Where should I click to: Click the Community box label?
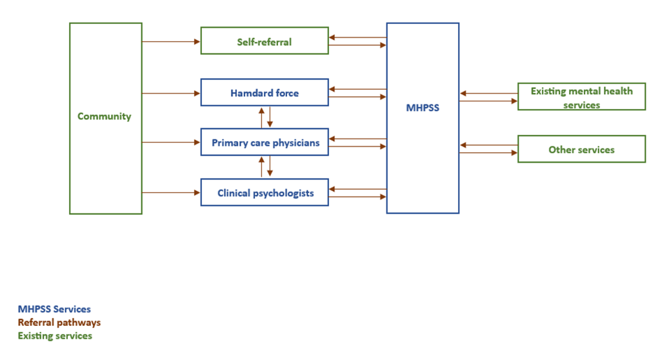tap(104, 117)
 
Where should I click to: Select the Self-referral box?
tap(264, 42)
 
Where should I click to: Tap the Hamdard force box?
tap(264, 93)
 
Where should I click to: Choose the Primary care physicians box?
tap(265, 143)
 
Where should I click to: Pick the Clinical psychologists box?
tap(265, 193)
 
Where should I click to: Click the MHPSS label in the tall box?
tap(422, 108)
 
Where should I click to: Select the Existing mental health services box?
tap(581, 97)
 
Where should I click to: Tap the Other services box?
tap(581, 150)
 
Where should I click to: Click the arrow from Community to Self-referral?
tap(171, 42)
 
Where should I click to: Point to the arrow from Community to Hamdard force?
tap(171, 93)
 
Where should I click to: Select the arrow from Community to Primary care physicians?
tap(171, 143)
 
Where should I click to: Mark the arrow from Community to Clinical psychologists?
tap(171, 192)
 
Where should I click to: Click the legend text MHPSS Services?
tap(54, 309)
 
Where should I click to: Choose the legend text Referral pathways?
tap(59, 323)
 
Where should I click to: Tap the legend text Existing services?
tap(55, 335)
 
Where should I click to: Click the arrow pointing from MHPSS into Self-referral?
tap(357, 37)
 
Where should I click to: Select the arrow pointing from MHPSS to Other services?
tap(488, 153)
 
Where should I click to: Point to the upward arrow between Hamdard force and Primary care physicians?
tap(261, 117)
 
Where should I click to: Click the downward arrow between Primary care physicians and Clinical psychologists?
tap(270, 167)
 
